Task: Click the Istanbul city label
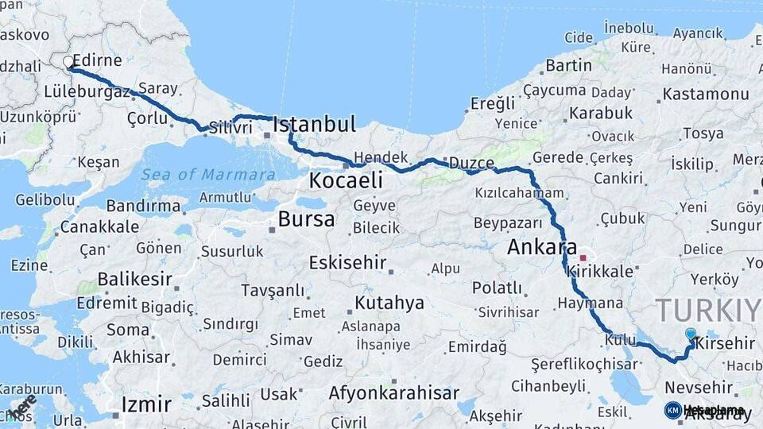314,125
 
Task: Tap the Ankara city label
542,248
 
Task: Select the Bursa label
306,219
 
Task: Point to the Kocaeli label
346,180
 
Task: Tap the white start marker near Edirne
68,61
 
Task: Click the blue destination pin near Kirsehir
690,335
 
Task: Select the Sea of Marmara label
208,174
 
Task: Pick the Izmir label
146,404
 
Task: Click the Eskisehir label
347,262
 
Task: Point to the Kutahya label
389,303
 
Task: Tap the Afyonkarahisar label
393,393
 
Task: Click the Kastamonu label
706,94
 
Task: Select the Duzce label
471,163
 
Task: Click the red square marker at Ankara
583,258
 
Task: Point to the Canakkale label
99,227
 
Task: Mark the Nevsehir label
699,387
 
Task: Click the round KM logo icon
673,410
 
